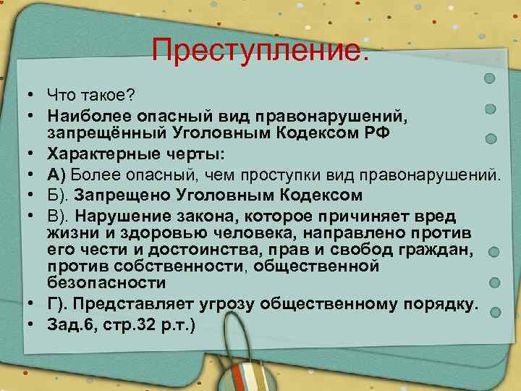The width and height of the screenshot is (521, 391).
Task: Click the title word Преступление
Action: (x=260, y=50)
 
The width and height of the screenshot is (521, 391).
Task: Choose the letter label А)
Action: (x=57, y=175)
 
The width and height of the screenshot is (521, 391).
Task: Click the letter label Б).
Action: (x=57, y=195)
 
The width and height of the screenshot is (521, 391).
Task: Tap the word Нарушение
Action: (x=123, y=216)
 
